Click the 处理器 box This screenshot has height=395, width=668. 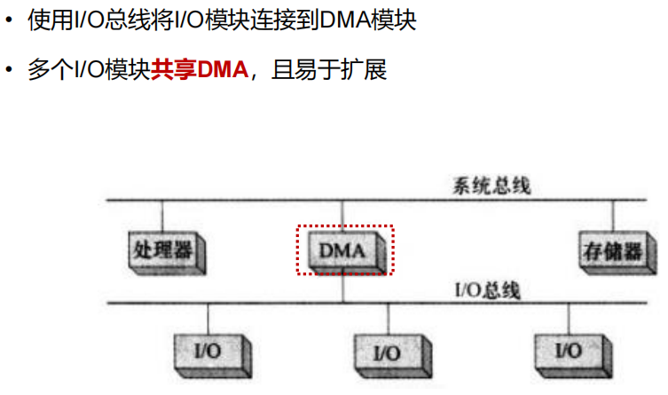(160, 249)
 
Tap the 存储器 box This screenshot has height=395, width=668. (609, 249)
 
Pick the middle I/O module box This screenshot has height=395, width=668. (386, 351)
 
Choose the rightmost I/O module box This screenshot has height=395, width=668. (568, 350)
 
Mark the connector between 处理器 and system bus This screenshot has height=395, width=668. (162, 217)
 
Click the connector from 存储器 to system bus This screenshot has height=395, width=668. (611, 217)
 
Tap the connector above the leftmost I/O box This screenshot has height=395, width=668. (208, 319)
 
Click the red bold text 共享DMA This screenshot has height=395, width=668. (200, 69)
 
